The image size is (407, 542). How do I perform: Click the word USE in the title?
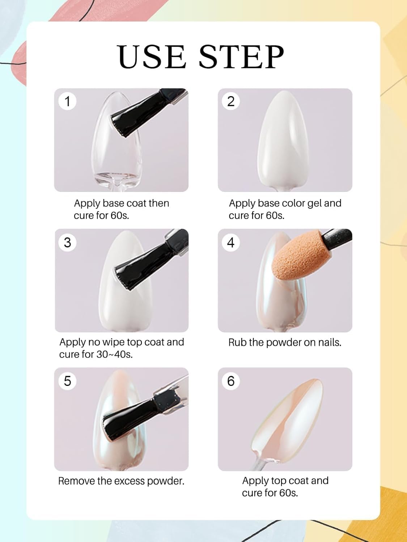(x=152, y=57)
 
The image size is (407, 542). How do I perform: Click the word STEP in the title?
(x=241, y=57)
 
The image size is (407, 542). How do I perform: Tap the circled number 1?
(x=67, y=101)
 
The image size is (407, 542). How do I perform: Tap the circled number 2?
(x=231, y=101)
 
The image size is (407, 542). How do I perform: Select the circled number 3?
(x=67, y=242)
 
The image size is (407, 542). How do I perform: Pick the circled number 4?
(x=231, y=242)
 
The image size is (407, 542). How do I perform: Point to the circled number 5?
(x=67, y=381)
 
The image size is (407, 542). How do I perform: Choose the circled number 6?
(x=231, y=381)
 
